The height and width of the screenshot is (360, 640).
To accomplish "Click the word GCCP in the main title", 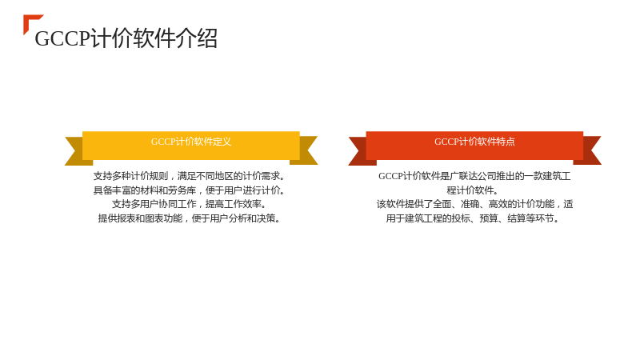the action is (62, 38).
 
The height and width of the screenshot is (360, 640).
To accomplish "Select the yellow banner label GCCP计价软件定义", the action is (191, 142).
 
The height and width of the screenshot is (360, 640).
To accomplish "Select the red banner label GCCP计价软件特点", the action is (474, 142).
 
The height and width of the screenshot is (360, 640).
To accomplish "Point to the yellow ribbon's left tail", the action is (76, 151).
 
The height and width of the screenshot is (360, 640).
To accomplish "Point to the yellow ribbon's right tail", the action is (306, 150).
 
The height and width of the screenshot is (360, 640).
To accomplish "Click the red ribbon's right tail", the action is (590, 150).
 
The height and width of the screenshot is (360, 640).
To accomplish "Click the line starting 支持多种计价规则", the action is (189, 176).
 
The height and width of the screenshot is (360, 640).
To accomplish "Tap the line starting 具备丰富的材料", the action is (189, 190).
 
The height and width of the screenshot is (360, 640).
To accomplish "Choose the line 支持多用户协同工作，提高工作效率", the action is (189, 204).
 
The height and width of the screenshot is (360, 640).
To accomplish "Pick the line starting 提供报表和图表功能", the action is (189, 218).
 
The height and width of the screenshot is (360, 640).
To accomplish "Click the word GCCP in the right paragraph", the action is (390, 176).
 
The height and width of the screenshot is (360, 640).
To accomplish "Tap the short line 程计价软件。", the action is (473, 190).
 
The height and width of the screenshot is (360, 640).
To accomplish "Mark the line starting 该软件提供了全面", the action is (474, 204).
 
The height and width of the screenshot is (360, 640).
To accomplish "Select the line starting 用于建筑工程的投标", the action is (473, 218).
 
